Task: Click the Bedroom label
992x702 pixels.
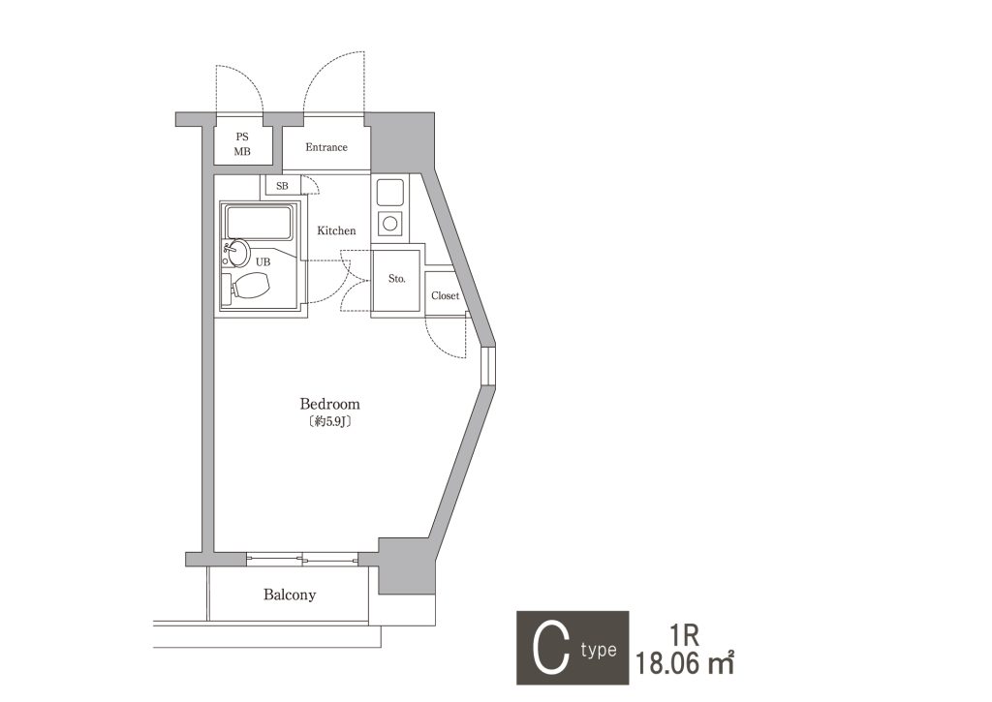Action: tap(329, 404)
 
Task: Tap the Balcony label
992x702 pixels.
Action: tap(289, 595)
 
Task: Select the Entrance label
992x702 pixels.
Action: tap(326, 147)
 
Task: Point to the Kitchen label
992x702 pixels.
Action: tap(336, 230)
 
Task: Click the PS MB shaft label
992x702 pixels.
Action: tap(242, 144)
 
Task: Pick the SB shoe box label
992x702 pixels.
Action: tap(282, 186)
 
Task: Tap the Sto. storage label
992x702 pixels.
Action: tap(396, 278)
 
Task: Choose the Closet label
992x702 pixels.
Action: tap(445, 295)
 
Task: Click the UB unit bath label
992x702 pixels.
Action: tap(263, 261)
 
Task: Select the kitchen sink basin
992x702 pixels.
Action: tap(389, 193)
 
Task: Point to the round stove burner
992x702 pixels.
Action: tap(389, 223)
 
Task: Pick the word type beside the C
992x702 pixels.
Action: tap(599, 650)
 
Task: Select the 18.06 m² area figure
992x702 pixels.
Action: tap(685, 664)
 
